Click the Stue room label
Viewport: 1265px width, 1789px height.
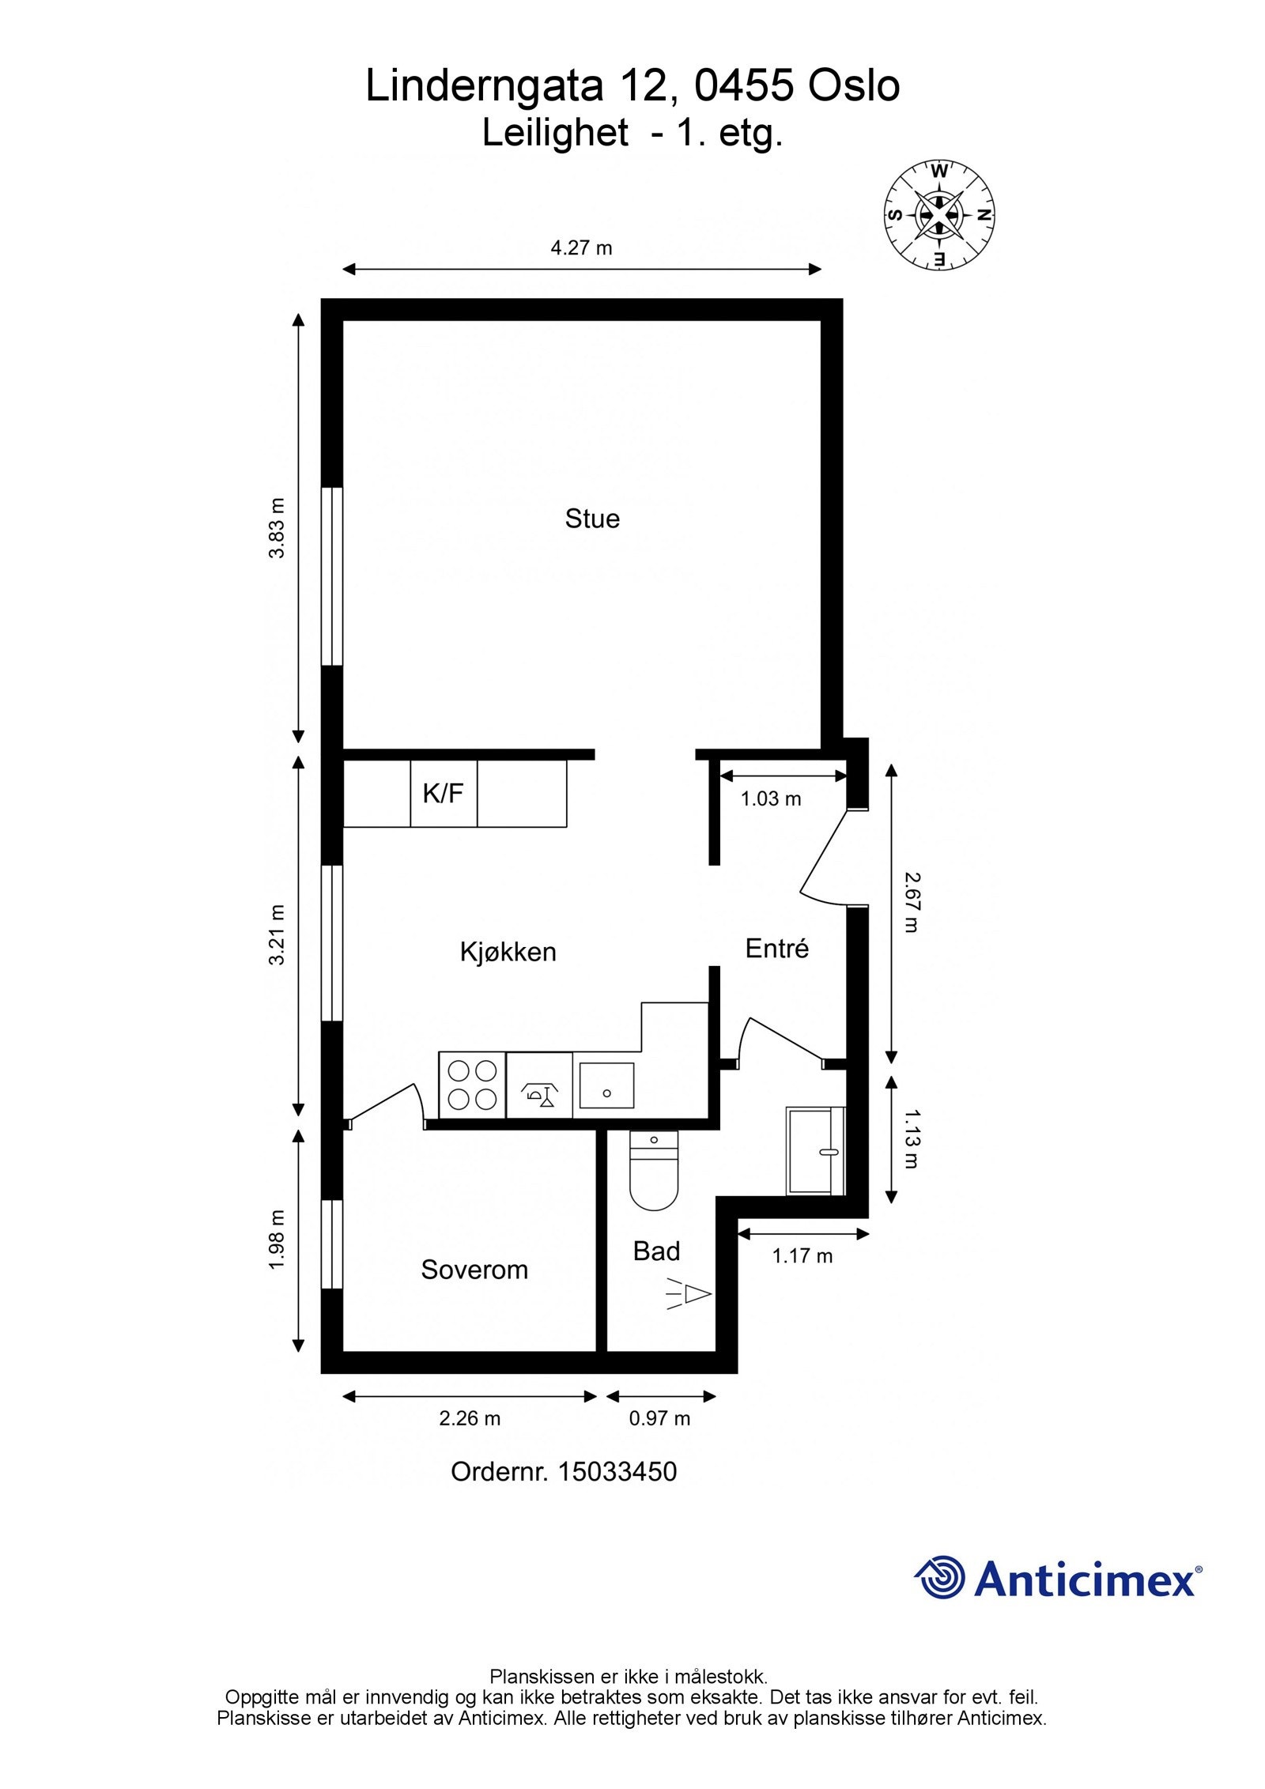click(x=591, y=519)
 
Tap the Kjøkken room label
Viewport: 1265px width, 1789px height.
click(x=508, y=952)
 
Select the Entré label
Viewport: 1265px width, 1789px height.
click(x=776, y=949)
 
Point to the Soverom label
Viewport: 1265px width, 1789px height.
click(x=474, y=1270)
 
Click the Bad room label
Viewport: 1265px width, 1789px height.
click(x=656, y=1251)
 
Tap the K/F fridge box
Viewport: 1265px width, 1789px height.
click(x=443, y=793)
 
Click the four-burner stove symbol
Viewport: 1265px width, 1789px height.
click(x=472, y=1085)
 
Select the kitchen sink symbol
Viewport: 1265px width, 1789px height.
click(x=606, y=1085)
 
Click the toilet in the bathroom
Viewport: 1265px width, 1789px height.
click(x=654, y=1172)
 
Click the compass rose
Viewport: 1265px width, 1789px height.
click(x=938, y=214)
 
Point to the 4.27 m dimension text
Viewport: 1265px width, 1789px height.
click(x=581, y=248)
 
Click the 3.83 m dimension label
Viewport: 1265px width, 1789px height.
click(x=277, y=528)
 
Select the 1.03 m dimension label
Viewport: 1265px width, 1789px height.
click(x=771, y=799)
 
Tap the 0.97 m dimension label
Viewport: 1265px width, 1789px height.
click(x=659, y=1418)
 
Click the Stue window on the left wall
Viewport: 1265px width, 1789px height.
click(x=332, y=577)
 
